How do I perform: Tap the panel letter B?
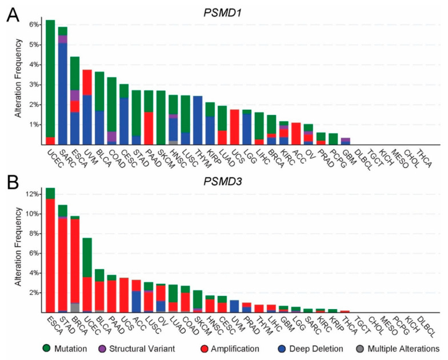tap(11, 183)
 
